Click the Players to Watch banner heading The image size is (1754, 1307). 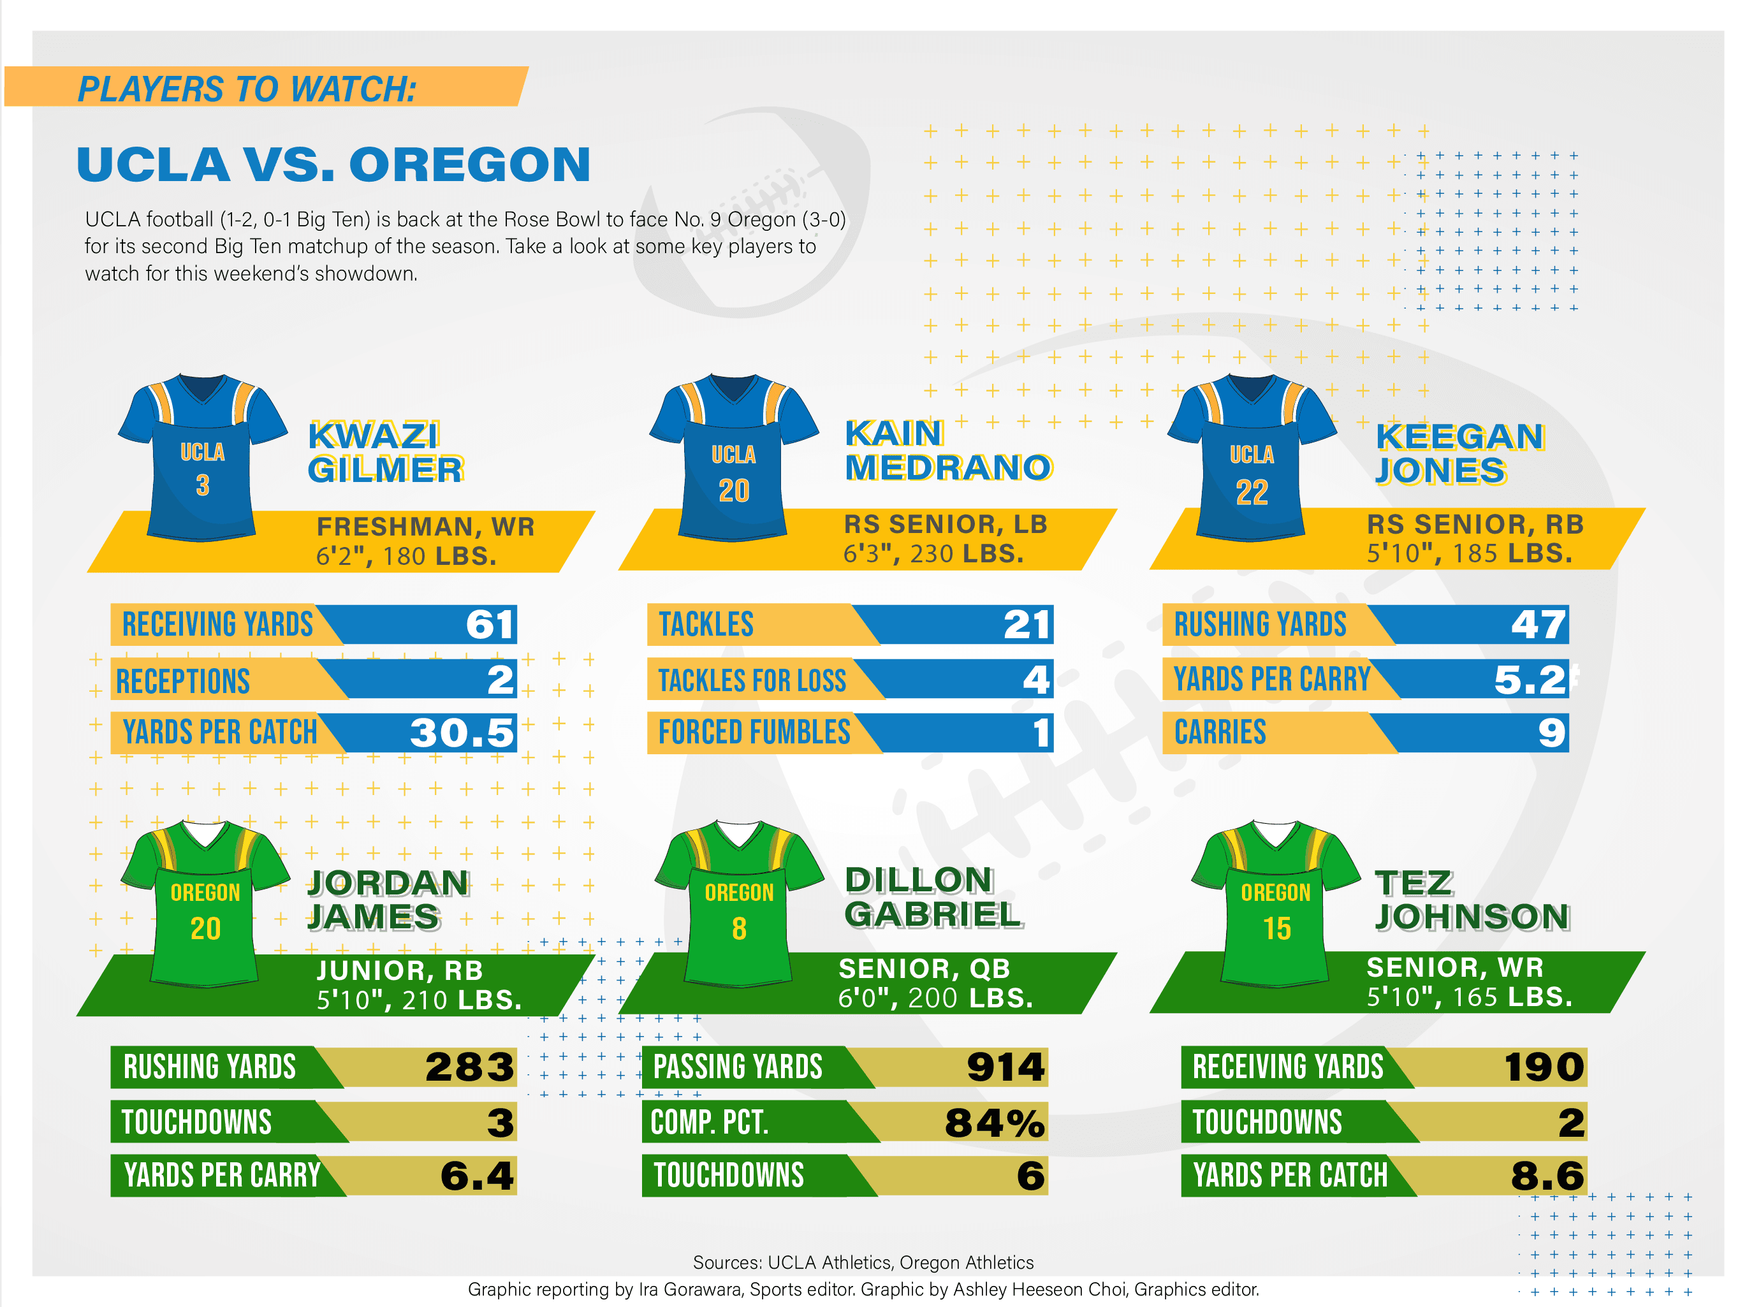point(247,88)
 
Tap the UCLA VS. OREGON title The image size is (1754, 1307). point(333,164)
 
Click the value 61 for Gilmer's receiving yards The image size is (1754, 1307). point(490,624)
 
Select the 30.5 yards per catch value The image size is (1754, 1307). point(462,733)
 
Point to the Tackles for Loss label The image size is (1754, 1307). point(752,680)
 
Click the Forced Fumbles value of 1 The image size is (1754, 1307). point(1041,733)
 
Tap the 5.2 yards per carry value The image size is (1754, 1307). point(1530,680)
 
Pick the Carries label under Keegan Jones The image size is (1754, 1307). point(1220,733)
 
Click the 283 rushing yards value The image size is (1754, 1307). point(469,1067)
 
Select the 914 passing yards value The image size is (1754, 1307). point(1005,1067)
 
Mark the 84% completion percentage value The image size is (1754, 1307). point(995,1123)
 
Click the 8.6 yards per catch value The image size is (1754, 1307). point(1547,1176)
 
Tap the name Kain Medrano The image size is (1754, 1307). point(948,450)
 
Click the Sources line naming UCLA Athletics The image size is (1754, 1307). point(863,1262)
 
